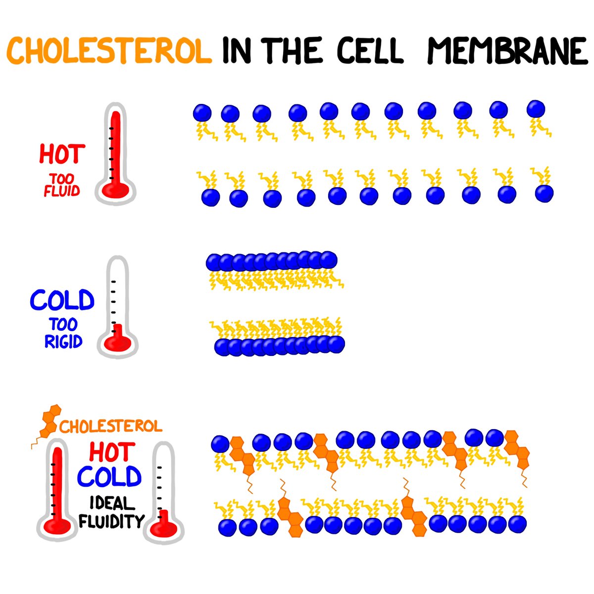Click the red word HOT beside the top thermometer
pyautogui.click(x=62, y=154)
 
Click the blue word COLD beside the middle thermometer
pyautogui.click(x=62, y=300)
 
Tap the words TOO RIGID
pyautogui.click(x=63, y=333)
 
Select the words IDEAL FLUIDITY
pyautogui.click(x=111, y=512)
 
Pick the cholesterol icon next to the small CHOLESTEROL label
pyautogui.click(x=48, y=423)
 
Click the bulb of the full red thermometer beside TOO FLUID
pyautogui.click(x=115, y=189)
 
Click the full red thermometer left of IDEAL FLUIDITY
pyautogui.click(x=57, y=490)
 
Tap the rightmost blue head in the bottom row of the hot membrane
pyautogui.click(x=544, y=194)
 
